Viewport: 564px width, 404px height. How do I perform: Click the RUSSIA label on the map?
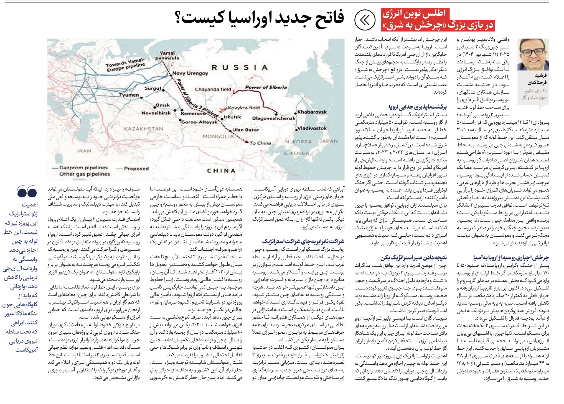pyautogui.click(x=240, y=67)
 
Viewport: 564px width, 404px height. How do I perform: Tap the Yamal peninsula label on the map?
pyautogui.click(x=167, y=55)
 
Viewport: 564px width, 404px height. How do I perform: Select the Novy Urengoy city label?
pyautogui.click(x=190, y=73)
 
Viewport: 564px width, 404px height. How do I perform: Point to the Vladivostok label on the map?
pyautogui.click(x=312, y=128)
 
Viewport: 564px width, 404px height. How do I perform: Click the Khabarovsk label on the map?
pyautogui.click(x=312, y=112)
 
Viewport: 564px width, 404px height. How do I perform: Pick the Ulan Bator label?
pyautogui.click(x=245, y=130)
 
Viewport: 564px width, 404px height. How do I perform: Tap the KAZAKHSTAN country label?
pyautogui.click(x=143, y=129)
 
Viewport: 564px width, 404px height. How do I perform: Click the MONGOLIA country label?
pyautogui.click(x=218, y=136)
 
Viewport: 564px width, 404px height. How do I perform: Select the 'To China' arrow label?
pyautogui.click(x=260, y=143)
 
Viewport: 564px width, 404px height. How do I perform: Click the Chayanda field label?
pyautogui.click(x=213, y=89)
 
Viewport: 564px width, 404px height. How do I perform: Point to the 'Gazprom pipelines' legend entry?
pyautogui.click(x=83, y=168)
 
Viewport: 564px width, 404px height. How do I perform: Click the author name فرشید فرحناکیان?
pyautogui.click(x=537, y=79)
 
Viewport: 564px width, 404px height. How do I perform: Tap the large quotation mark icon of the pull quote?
pyautogui.click(x=27, y=191)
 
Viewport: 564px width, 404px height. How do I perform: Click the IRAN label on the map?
pyautogui.click(x=84, y=151)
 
